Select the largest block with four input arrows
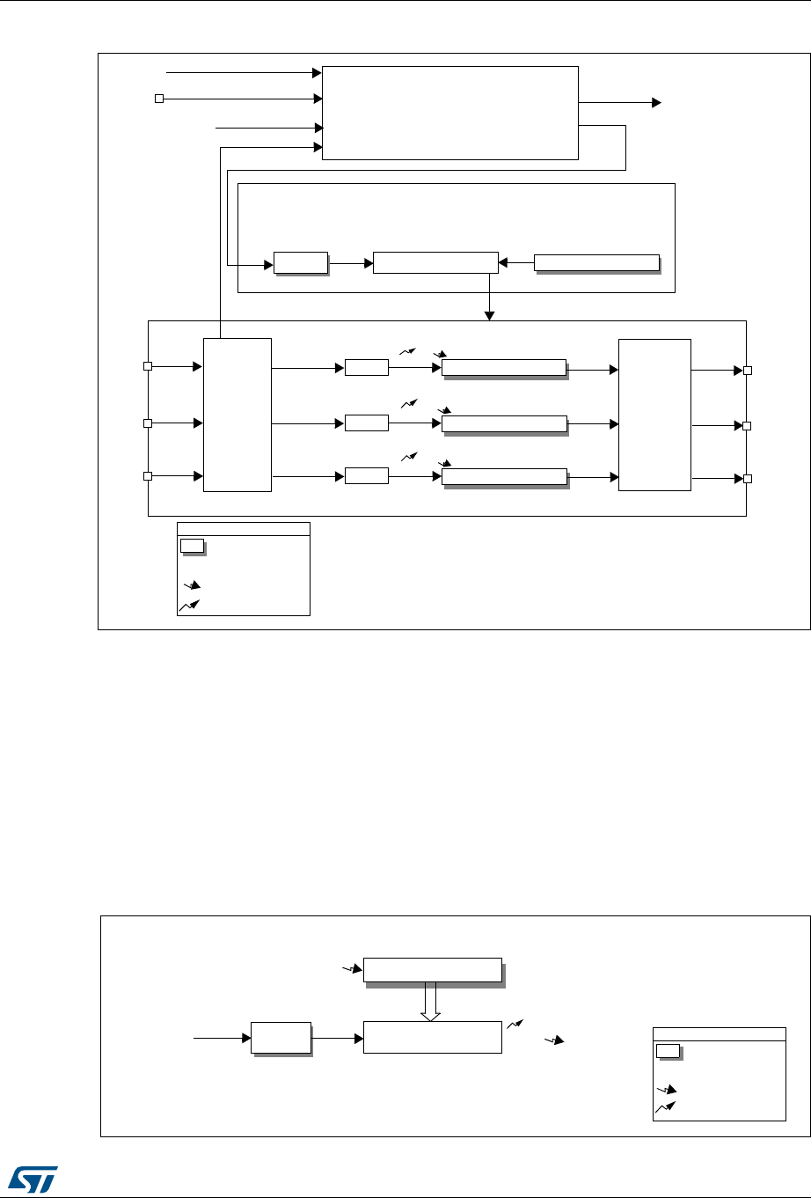[450, 113]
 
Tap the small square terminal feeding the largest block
[159, 99]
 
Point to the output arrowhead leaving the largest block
[656, 103]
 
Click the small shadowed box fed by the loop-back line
[300, 262]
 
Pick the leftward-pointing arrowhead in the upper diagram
[502, 262]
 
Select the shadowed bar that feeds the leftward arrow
[596, 262]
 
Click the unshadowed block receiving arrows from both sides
[435, 262]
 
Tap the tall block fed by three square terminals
[237, 414]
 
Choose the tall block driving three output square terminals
[654, 414]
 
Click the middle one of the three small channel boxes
[366, 423]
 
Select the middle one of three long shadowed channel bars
[503, 423]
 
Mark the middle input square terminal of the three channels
[149, 423]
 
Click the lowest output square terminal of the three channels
[747, 479]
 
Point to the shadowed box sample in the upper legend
[192, 546]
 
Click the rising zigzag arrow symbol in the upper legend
[189, 605]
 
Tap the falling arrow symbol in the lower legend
[666, 1090]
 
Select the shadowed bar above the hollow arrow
[432, 969]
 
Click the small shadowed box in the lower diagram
[281, 1038]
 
